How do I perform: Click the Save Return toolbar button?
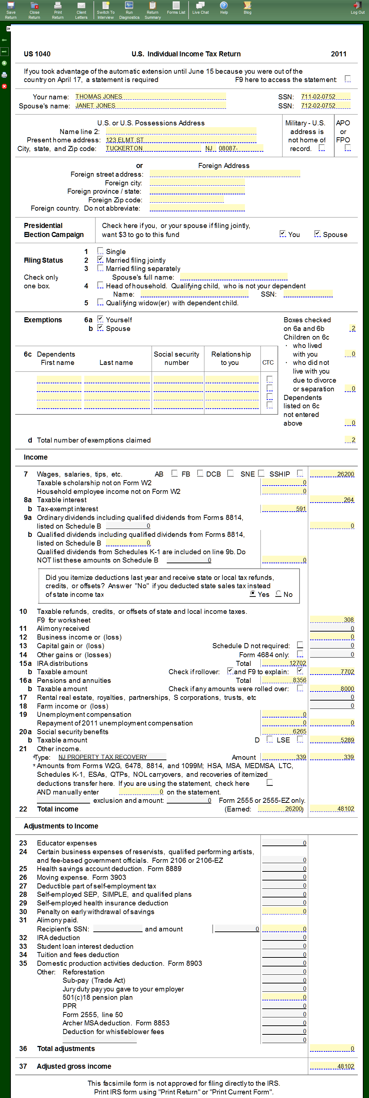pyautogui.click(x=10, y=10)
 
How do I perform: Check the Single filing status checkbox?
pyautogui.click(x=100, y=251)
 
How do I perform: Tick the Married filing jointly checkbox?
pyautogui.click(x=100, y=259)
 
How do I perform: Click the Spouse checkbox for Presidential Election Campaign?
pyautogui.click(x=317, y=233)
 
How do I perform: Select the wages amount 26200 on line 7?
pyautogui.click(x=332, y=474)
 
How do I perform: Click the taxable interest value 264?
pyautogui.click(x=332, y=500)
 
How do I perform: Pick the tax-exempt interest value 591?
pyautogui.click(x=284, y=508)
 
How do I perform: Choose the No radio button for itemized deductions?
pyautogui.click(x=279, y=594)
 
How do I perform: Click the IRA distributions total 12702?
pyautogui.click(x=284, y=663)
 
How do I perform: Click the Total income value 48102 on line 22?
pyautogui.click(x=332, y=809)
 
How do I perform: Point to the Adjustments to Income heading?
pyautogui.click(x=61, y=826)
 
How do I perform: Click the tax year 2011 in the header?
pyautogui.click(x=338, y=54)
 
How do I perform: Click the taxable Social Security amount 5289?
pyautogui.click(x=332, y=740)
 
